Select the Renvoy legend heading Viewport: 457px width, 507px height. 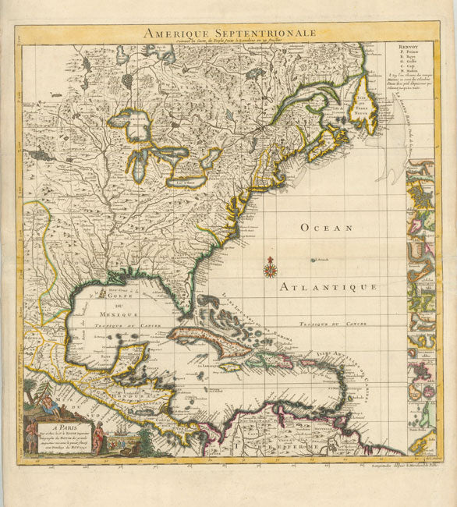[397, 48]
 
